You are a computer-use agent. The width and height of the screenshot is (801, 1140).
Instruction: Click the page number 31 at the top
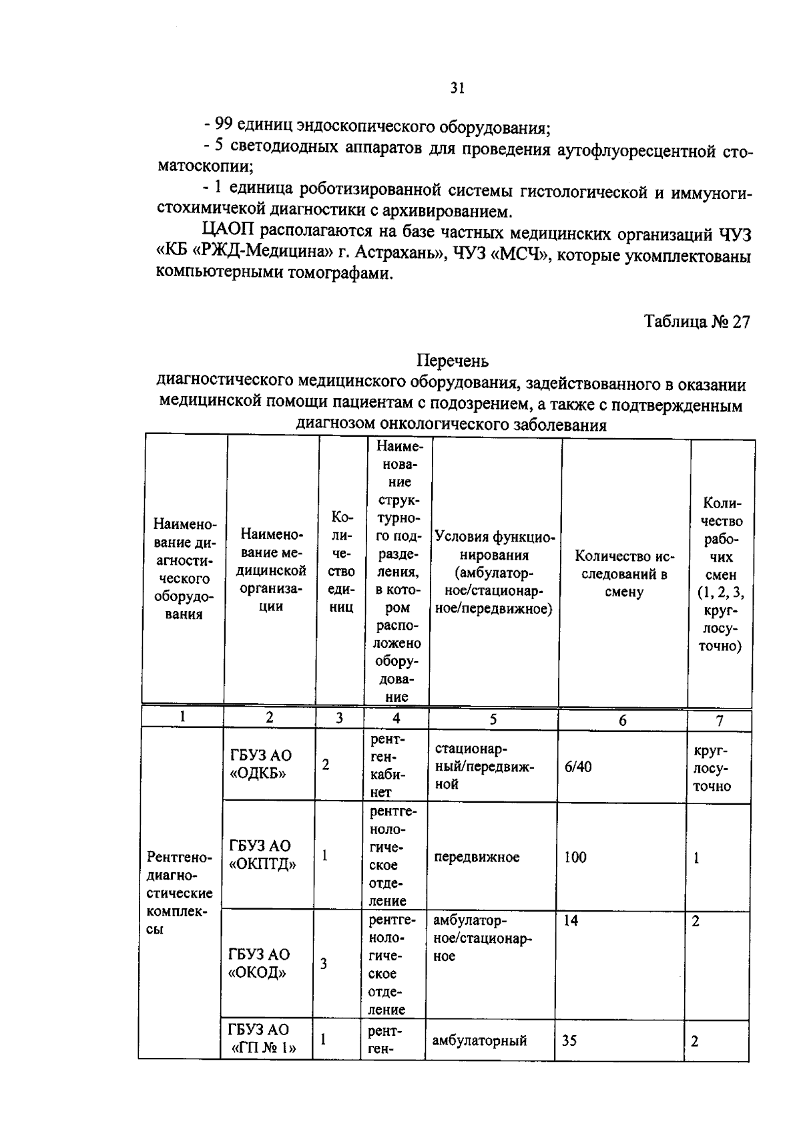pos(457,88)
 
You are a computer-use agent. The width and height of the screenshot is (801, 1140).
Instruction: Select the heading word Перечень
pos(453,361)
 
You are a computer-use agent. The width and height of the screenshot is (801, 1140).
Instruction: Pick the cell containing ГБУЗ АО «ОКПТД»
pos(262,856)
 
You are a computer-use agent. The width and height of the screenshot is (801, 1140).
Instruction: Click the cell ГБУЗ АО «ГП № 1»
pos(262,1040)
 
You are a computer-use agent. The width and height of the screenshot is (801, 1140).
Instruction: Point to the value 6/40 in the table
pos(578,767)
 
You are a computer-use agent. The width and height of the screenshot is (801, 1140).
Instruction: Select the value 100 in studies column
pos(575,858)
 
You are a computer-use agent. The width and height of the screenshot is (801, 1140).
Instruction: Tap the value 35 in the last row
pos(569,1040)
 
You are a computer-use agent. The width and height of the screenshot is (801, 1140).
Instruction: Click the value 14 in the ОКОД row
pos(571,921)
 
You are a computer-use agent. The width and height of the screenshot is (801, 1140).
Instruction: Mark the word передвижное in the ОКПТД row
pos(477,858)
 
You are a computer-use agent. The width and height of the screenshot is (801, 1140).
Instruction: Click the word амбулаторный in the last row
pos(479,1040)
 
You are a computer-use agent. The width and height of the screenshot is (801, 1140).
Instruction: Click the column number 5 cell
pos(493,719)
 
